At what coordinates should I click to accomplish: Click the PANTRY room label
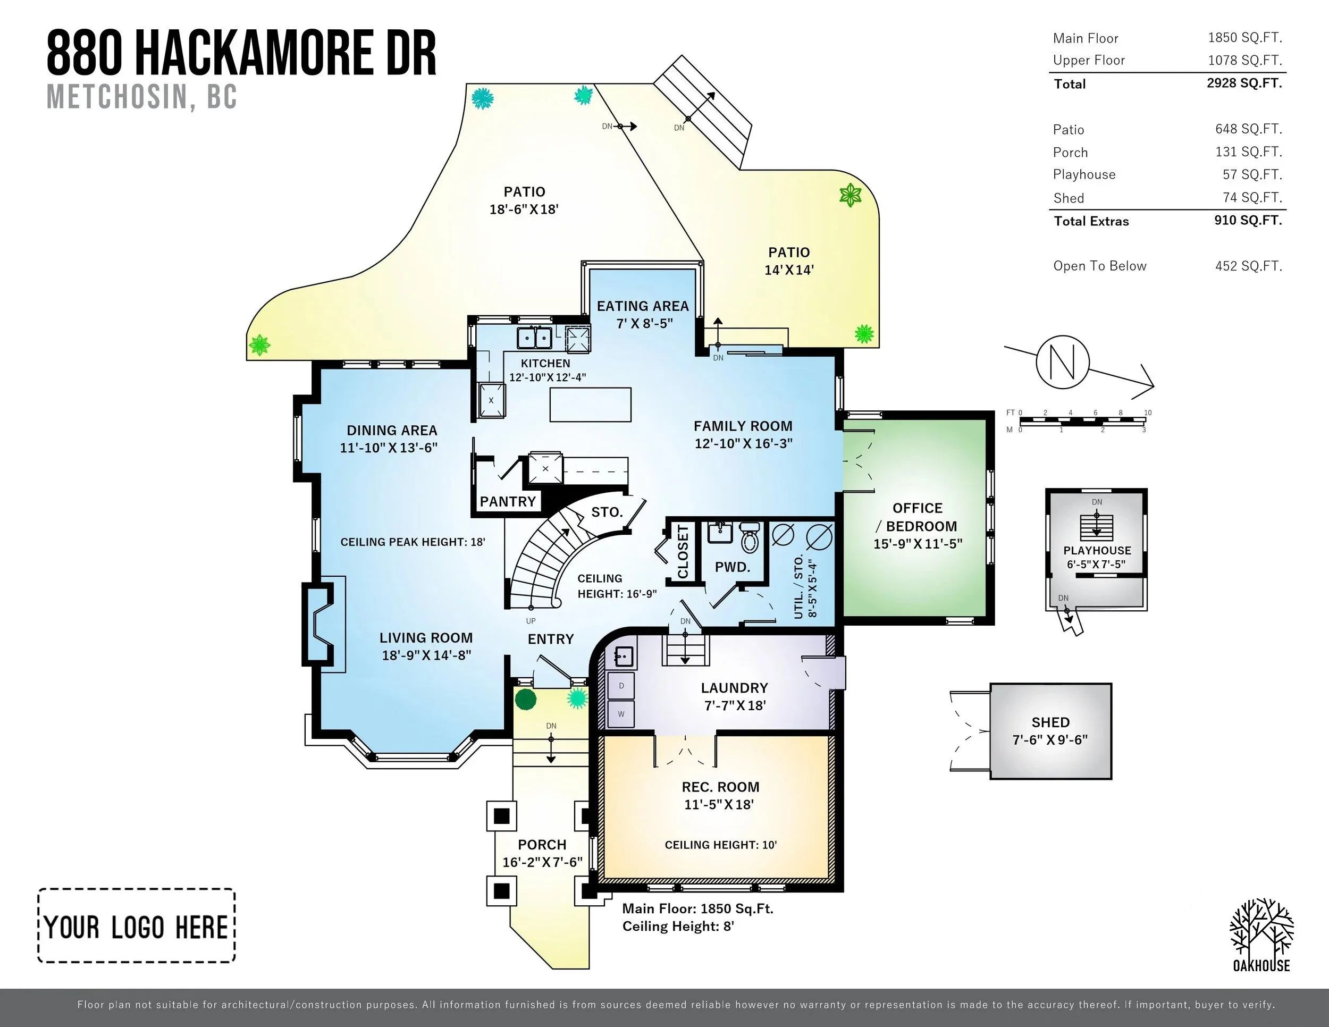tap(508, 501)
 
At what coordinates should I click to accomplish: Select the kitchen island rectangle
tap(590, 405)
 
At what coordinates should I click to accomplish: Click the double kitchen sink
tap(534, 337)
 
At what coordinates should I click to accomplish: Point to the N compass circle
tap(1063, 361)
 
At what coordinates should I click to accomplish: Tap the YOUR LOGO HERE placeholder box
tap(137, 925)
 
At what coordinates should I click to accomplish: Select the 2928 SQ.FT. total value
tap(1244, 83)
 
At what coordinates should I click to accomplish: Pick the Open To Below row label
tap(1099, 266)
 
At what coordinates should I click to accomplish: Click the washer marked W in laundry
tap(621, 714)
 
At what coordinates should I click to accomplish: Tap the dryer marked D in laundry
tap(621, 686)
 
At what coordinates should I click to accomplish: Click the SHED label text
tap(1050, 722)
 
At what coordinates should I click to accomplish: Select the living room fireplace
tap(318, 624)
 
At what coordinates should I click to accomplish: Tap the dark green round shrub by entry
tap(526, 699)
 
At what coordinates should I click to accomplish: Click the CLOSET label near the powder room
tap(683, 552)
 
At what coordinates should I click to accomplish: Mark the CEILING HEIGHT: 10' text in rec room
tap(720, 845)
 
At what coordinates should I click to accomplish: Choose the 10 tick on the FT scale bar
tap(1148, 413)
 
